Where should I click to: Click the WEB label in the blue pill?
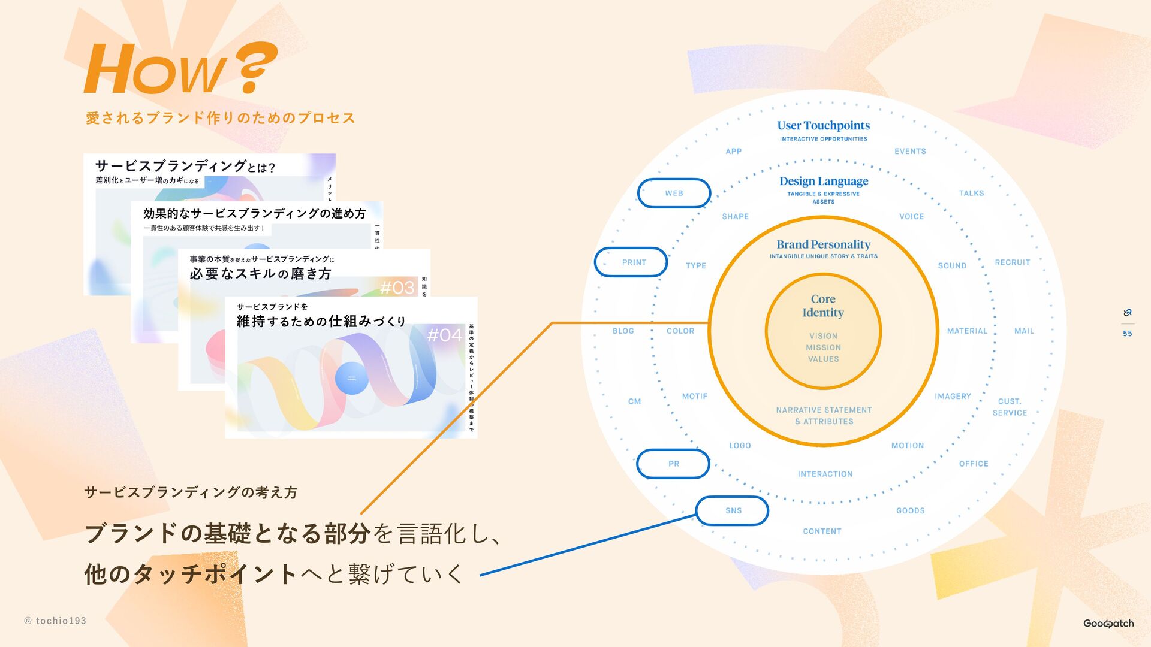click(x=674, y=193)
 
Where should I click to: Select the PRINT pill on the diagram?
click(x=634, y=262)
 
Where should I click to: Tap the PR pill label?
click(x=674, y=464)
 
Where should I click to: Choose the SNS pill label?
click(x=733, y=510)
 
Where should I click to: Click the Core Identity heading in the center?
click(x=823, y=306)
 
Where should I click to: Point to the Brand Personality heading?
click(x=823, y=244)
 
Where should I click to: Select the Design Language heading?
click(x=824, y=181)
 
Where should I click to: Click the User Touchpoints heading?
click(x=823, y=125)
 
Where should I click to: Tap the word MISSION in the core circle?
click(x=823, y=347)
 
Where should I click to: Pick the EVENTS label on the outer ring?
click(x=910, y=152)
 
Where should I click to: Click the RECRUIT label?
click(x=1012, y=262)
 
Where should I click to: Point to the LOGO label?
click(x=740, y=445)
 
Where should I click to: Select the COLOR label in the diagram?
click(x=680, y=331)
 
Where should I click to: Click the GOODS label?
click(x=910, y=510)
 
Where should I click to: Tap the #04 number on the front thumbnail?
click(x=445, y=335)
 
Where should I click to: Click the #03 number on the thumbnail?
click(x=397, y=288)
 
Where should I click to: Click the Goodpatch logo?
click(x=1108, y=624)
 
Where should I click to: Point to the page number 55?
click(x=1127, y=334)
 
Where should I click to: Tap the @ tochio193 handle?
click(x=55, y=621)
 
